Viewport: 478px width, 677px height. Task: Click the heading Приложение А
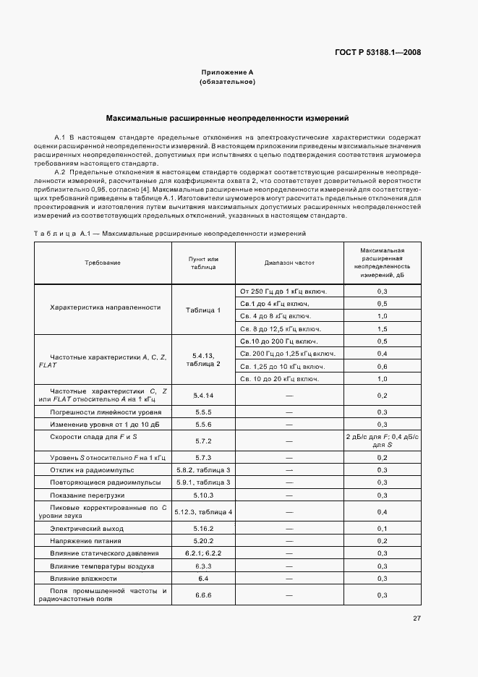coord(227,72)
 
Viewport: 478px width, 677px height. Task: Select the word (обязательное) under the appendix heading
coord(227,82)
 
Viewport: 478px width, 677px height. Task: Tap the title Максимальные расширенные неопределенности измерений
coord(227,116)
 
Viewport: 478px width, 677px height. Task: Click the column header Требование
coord(101,263)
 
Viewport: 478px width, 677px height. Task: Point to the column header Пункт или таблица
coord(203,263)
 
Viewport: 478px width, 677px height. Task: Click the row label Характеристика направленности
coord(105,307)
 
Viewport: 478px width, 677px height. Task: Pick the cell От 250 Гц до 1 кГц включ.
coord(283,291)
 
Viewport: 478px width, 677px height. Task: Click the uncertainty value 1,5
coord(383,328)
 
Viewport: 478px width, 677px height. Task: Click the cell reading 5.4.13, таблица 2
coord(203,359)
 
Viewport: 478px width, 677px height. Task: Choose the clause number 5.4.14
coord(203,396)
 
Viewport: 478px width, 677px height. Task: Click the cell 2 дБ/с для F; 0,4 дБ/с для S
coord(383,440)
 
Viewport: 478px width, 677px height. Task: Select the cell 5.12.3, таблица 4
coord(203,512)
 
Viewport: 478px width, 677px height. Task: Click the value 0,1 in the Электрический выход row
coord(383,529)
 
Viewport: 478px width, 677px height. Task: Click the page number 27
coord(417,618)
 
